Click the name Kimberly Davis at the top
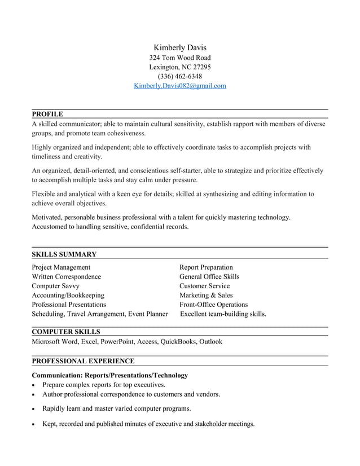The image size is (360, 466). pyautogui.click(x=179, y=47)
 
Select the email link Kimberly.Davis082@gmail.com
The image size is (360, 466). pyautogui.click(x=179, y=86)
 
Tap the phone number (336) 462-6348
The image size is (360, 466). pyautogui.click(x=179, y=76)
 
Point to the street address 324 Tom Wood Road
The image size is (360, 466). pyautogui.click(x=179, y=58)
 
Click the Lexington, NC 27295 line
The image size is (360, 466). pyautogui.click(x=179, y=67)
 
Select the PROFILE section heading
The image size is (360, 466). pyautogui.click(x=47, y=114)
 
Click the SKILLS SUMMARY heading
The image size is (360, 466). pyautogui.click(x=64, y=254)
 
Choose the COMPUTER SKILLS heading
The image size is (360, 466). pyautogui.click(x=66, y=332)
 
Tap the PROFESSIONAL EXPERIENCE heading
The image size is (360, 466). pyautogui.click(x=83, y=361)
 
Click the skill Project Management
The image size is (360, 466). pyautogui.click(x=61, y=267)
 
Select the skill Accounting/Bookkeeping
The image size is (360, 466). pyautogui.click(x=68, y=295)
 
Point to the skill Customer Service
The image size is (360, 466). pyautogui.click(x=204, y=286)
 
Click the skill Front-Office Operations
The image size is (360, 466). pyautogui.click(x=213, y=305)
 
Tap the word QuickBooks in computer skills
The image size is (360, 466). pyautogui.click(x=178, y=341)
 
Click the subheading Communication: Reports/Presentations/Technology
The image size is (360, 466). pyautogui.click(x=109, y=375)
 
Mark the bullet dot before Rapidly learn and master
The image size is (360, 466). pyautogui.click(x=34, y=409)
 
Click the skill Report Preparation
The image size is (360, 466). pyautogui.click(x=206, y=267)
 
